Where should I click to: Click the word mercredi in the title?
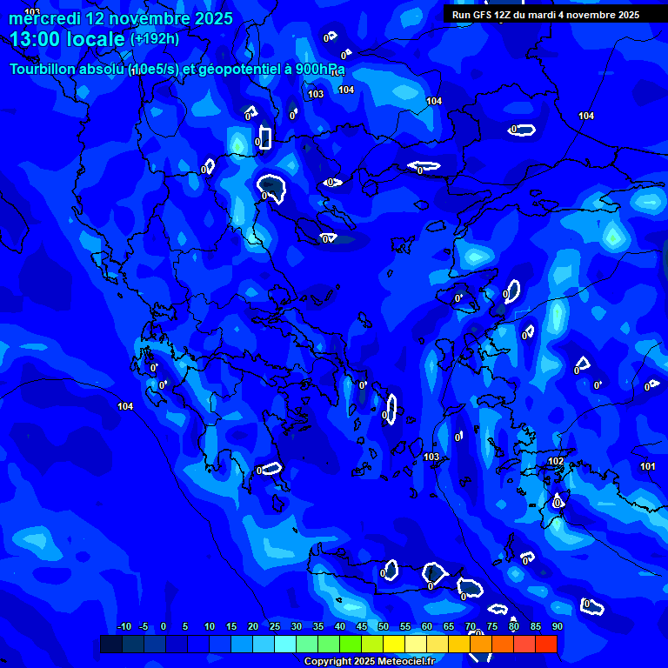tap(43, 18)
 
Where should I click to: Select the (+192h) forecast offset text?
tap(155, 39)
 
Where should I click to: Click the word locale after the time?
tap(97, 39)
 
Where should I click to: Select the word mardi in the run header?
tap(553, 15)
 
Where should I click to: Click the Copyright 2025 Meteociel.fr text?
tap(369, 661)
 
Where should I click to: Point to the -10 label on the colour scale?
tap(124, 626)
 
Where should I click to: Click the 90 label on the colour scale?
tap(558, 626)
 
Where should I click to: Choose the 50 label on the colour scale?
tap(384, 626)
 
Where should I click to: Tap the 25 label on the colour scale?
tap(274, 626)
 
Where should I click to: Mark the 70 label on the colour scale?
tap(471, 626)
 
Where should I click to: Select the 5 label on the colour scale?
tap(185, 626)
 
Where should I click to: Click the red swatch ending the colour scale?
tap(545, 644)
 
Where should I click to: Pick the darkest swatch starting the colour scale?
tap(111, 644)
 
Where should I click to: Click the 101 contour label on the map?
tap(648, 467)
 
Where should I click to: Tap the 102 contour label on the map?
tap(556, 461)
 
